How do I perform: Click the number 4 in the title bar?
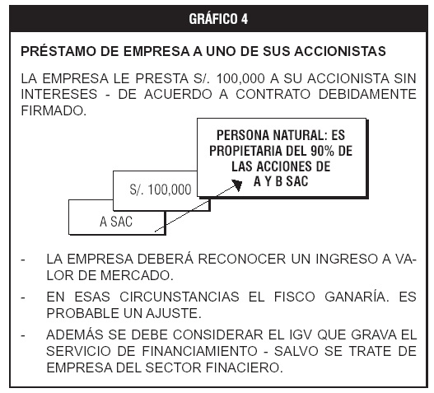[x=244, y=19]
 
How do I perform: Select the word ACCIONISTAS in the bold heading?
[x=340, y=51]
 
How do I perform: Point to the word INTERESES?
[x=59, y=94]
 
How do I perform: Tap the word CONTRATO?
[x=273, y=94]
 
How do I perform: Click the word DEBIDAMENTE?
[x=367, y=94]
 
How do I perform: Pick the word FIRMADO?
[x=54, y=110]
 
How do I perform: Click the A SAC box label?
[x=116, y=222]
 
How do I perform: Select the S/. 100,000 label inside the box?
[x=161, y=189]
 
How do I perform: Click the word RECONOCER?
[x=242, y=260]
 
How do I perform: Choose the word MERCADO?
[x=137, y=275]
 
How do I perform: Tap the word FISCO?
[x=295, y=297]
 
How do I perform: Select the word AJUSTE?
[x=174, y=313]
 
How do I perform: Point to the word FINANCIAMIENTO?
[x=200, y=351]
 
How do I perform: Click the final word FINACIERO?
[x=245, y=367]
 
